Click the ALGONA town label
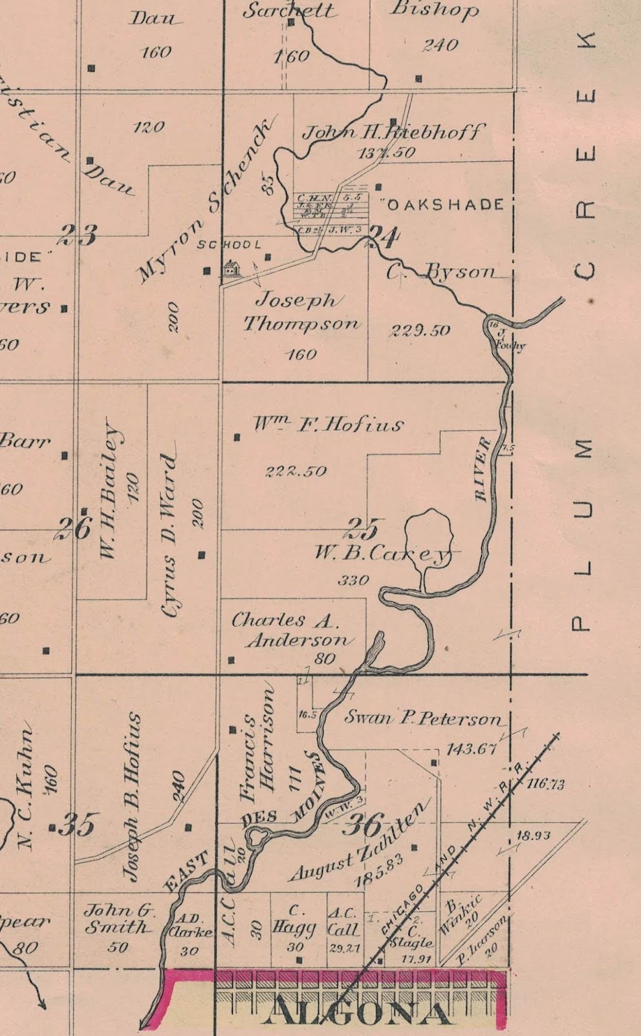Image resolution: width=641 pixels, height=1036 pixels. click(359, 1012)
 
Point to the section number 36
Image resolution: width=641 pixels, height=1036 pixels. click(364, 825)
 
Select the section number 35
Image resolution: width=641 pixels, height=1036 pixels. click(79, 826)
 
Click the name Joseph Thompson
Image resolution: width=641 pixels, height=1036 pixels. click(300, 311)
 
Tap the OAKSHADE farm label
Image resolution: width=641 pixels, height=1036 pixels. click(445, 205)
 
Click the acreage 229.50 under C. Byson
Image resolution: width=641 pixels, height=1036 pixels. click(420, 330)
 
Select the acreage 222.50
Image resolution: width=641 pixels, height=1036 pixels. click(296, 471)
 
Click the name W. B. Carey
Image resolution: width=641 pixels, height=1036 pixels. click(382, 554)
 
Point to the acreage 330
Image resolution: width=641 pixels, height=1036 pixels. click(353, 580)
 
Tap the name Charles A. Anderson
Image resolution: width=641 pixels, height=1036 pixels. click(293, 629)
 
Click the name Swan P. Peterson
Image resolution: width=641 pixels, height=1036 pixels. click(422, 717)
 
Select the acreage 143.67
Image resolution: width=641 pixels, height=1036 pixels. click(472, 749)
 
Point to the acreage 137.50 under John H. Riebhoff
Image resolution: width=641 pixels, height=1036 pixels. click(386, 153)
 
